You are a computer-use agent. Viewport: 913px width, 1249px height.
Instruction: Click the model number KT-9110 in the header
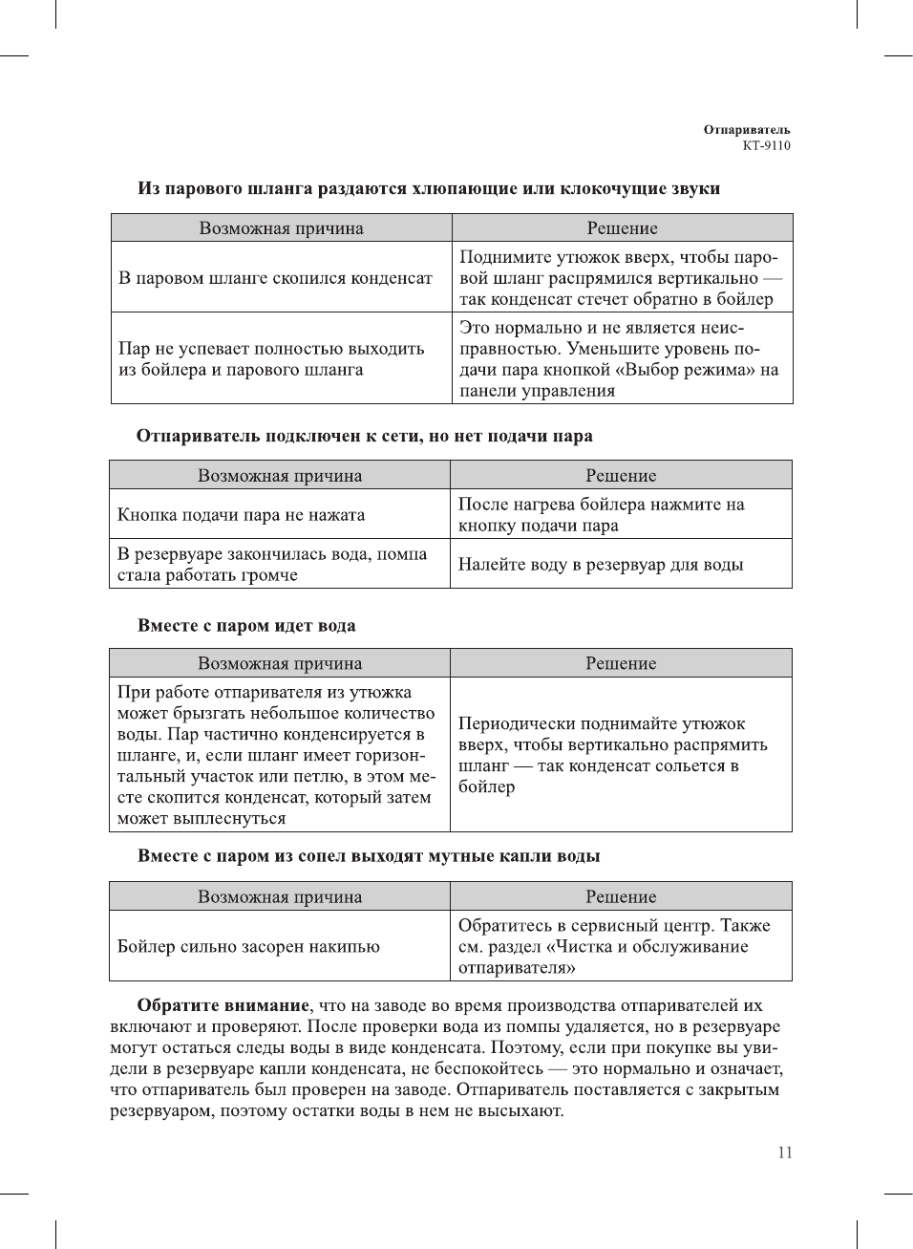(x=766, y=146)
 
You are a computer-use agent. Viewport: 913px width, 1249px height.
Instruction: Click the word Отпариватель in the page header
(x=747, y=130)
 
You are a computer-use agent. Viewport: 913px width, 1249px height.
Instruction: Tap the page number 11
(x=785, y=1152)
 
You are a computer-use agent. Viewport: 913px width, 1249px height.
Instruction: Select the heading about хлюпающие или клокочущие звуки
(x=429, y=188)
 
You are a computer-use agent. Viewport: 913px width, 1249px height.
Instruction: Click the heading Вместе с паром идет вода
(x=246, y=626)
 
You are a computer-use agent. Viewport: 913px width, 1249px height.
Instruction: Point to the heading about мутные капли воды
(x=369, y=856)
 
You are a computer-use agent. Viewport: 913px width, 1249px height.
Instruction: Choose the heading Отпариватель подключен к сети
(x=364, y=436)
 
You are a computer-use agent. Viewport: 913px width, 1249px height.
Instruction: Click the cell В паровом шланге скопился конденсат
(x=275, y=278)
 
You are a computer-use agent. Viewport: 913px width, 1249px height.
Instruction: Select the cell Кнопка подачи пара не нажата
(x=241, y=514)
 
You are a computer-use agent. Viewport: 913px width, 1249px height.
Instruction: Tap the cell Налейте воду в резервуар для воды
(x=600, y=565)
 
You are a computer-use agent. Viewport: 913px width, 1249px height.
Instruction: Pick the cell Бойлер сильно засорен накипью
(x=248, y=946)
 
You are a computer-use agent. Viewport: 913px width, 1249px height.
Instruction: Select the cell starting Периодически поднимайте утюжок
(x=612, y=755)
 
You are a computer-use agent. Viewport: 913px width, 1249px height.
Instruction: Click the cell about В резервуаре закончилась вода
(x=271, y=565)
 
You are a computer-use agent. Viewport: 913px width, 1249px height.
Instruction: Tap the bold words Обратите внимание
(x=223, y=1005)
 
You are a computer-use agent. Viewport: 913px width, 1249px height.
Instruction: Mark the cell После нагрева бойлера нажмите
(x=600, y=514)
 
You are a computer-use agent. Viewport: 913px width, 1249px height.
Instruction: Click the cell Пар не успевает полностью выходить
(x=270, y=359)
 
